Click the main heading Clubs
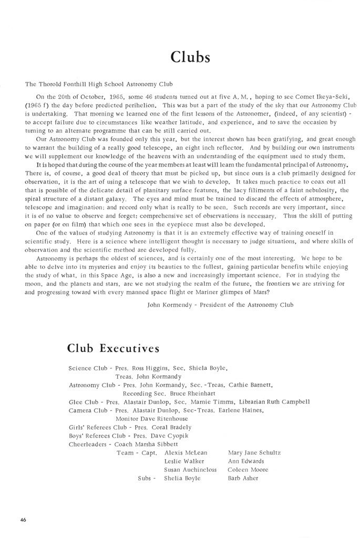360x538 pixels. tap(191, 57)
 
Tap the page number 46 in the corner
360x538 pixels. tap(24, 519)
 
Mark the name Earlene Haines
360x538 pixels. tap(240, 410)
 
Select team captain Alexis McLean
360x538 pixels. tap(186, 452)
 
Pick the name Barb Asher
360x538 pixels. tap(243, 478)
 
